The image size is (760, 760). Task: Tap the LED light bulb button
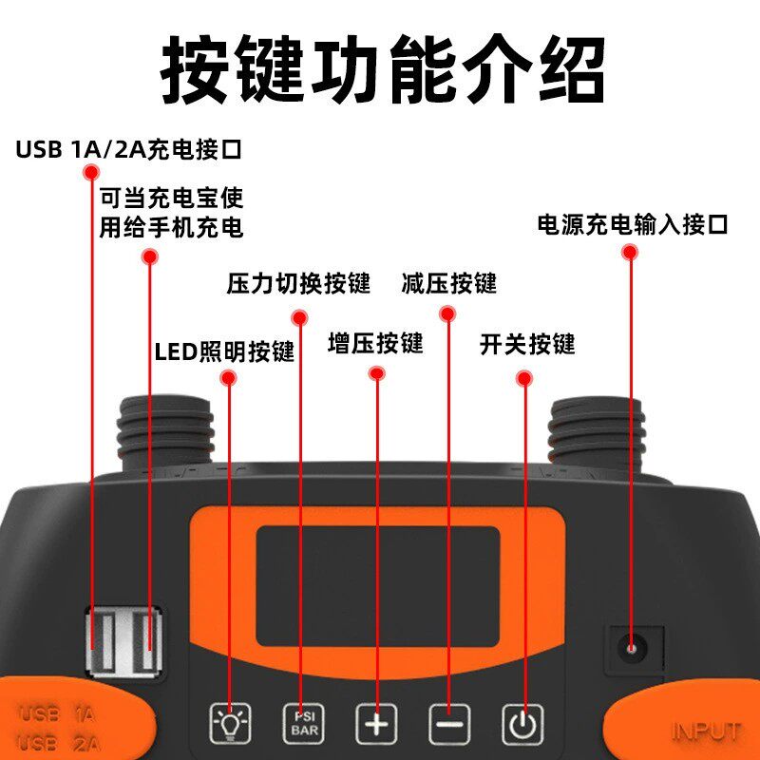(x=230, y=724)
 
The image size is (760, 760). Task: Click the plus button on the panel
(x=376, y=724)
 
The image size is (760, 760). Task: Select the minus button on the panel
(x=449, y=724)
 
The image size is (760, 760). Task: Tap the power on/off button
(x=522, y=724)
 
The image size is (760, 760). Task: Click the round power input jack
(x=632, y=649)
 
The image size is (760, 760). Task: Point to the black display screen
(x=377, y=586)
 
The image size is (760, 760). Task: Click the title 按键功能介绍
(x=383, y=68)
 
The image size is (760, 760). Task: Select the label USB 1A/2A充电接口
(x=128, y=149)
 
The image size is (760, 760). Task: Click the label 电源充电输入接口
(x=633, y=224)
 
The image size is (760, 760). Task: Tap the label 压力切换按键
(x=298, y=283)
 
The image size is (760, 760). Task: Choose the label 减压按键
(x=449, y=283)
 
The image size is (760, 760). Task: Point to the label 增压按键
(x=375, y=343)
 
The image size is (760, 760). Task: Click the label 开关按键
(x=527, y=344)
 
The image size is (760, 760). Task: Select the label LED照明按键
(x=224, y=351)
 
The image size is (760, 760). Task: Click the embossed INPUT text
(x=706, y=731)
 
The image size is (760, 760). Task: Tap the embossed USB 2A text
(x=59, y=743)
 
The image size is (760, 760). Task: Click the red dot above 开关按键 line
(x=524, y=378)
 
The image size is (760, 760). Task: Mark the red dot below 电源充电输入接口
(x=630, y=252)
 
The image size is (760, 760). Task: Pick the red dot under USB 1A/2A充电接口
(x=91, y=172)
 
